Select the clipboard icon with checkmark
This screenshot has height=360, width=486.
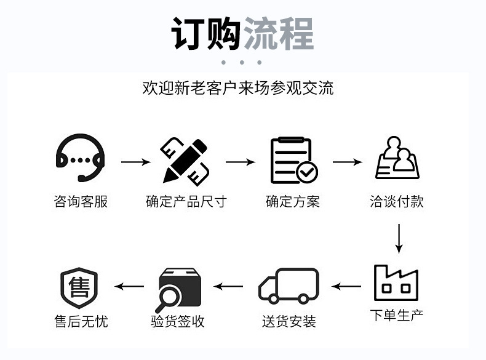pos(293,161)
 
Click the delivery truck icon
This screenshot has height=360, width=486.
pos(289,286)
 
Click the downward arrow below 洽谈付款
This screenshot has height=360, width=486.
pos(399,239)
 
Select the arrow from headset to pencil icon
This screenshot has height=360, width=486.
pos(135,162)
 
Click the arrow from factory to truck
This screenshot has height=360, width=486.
pos(347,286)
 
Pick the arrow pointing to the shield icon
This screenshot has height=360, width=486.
pos(130,286)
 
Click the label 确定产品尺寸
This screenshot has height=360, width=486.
pos(186,202)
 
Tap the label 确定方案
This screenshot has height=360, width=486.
pos(293,202)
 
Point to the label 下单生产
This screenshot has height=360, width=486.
pos(396,316)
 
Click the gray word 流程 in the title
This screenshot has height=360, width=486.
pos(279,33)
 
